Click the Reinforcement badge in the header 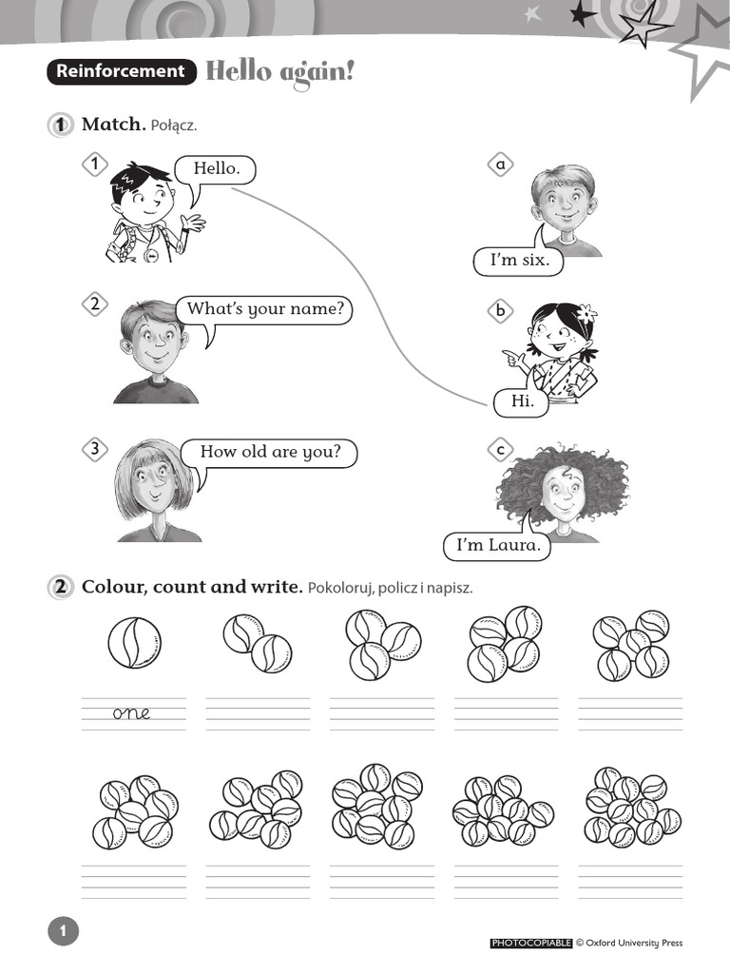tap(121, 71)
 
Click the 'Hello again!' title tap(279, 71)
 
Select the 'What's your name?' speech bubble tap(264, 309)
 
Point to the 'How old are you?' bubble tap(270, 452)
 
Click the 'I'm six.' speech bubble tap(519, 261)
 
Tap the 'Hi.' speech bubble tap(523, 401)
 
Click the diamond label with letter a tap(499, 165)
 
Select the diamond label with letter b tap(499, 310)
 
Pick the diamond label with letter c tap(499, 449)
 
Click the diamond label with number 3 tap(94, 450)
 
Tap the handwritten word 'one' tap(131, 713)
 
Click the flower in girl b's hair tap(586, 312)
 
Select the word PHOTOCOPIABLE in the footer tap(531, 944)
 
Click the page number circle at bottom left tap(63, 932)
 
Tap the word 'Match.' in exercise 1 tap(113, 125)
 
